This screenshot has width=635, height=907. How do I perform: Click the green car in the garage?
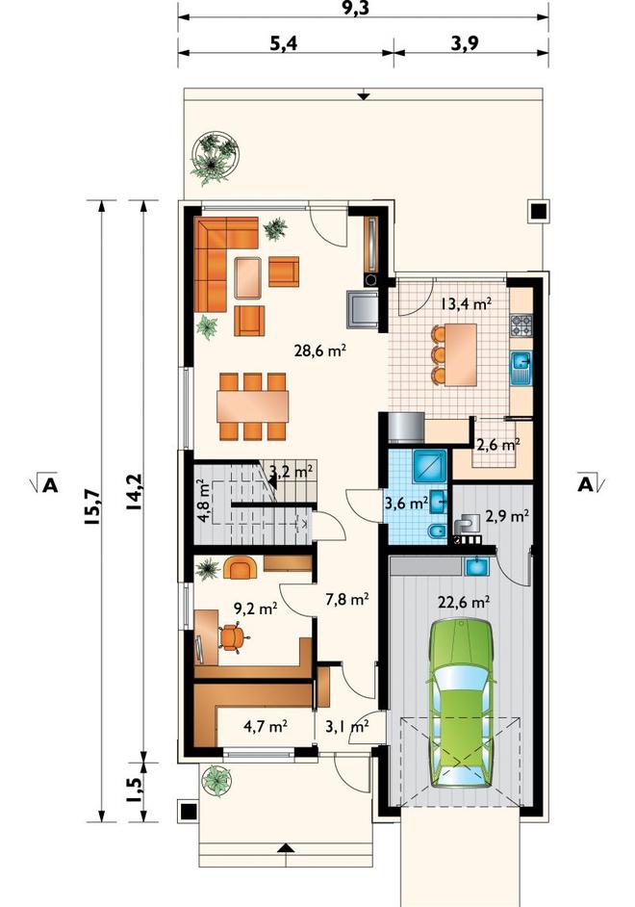point(461,704)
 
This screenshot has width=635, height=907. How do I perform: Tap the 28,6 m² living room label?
point(320,350)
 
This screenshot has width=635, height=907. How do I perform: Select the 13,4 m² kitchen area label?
point(466,302)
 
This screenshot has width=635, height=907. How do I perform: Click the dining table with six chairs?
point(252,406)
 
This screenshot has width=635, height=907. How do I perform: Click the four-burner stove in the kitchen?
point(521,325)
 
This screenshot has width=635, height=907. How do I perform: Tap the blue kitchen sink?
point(521,369)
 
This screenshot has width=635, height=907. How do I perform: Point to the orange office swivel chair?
point(232,638)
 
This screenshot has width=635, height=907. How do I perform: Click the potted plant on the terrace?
point(215,157)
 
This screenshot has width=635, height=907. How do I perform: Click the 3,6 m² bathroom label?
point(406,503)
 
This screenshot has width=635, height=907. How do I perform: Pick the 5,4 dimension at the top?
point(284,43)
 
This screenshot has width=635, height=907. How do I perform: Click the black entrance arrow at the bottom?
point(284,847)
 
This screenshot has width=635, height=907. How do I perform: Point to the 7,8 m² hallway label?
point(347,599)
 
